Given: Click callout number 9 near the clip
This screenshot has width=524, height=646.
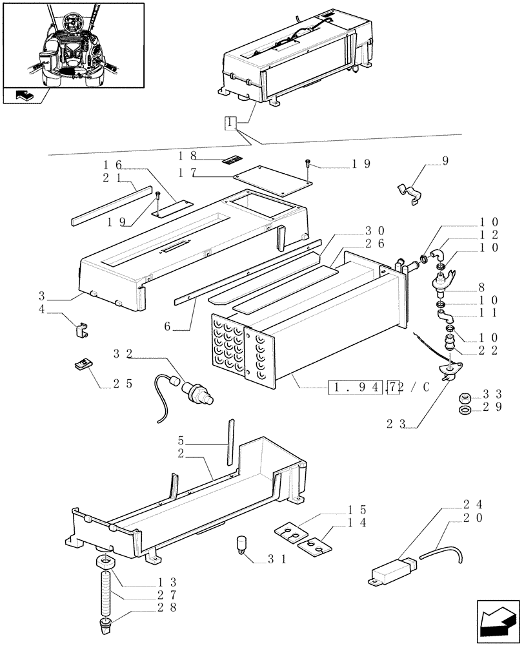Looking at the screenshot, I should pos(445,160).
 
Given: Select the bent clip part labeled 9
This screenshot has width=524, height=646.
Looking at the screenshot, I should pos(408,192).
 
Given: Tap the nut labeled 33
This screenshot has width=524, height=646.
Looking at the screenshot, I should pos(463,397).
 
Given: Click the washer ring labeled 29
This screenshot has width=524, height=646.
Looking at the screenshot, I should pos(463,410).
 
